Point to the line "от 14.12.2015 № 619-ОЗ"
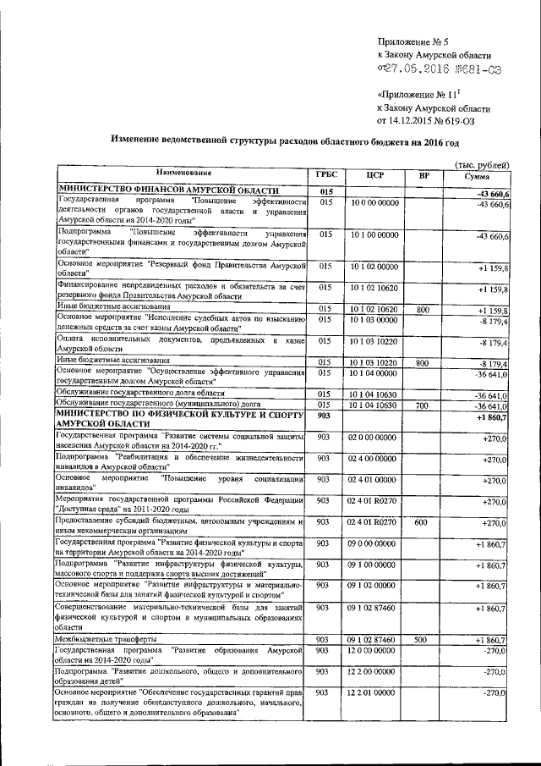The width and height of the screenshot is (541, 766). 434,120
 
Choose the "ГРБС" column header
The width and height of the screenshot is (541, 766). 326,175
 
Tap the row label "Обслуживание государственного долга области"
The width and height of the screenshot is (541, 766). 140,394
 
